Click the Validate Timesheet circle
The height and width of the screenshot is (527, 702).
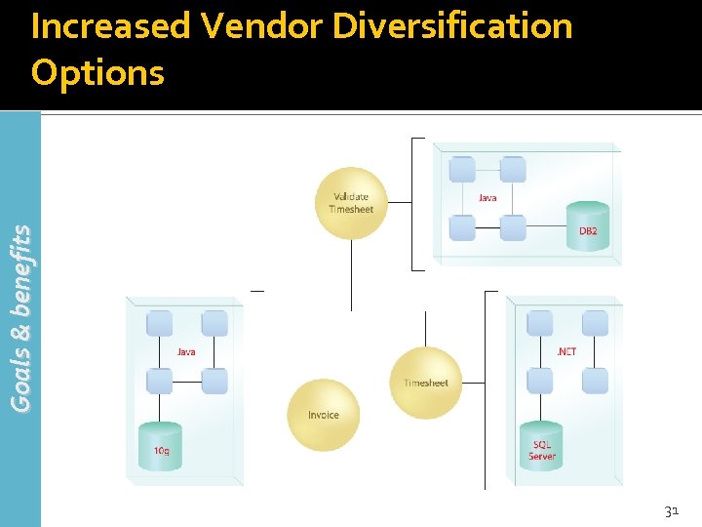[351, 203]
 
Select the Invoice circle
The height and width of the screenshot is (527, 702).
[324, 415]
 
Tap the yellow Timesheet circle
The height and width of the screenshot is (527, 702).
[425, 382]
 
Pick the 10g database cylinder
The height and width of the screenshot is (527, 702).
[160, 447]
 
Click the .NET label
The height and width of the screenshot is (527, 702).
[565, 351]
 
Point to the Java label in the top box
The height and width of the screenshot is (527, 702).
[487, 197]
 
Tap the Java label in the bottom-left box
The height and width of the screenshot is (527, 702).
[186, 351]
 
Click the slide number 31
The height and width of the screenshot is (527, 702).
[671, 510]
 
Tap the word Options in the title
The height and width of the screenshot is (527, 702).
[97, 71]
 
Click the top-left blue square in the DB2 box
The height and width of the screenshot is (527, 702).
[462, 170]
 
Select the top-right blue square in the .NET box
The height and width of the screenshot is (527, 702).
[595, 324]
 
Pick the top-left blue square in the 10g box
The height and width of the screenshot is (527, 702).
[159, 324]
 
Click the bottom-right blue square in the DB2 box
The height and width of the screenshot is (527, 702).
[513, 228]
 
